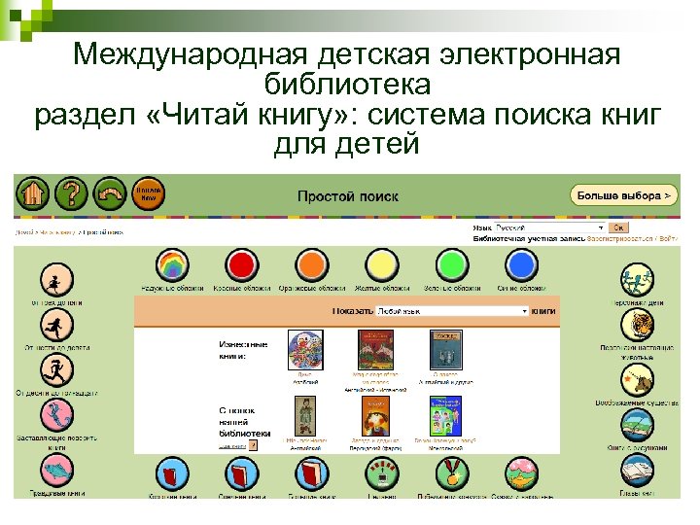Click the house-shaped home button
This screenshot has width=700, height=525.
tap(33, 195)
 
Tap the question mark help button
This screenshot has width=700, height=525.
tap(71, 195)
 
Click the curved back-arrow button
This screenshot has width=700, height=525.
tap(111, 195)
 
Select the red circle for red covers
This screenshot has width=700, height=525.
tap(241, 265)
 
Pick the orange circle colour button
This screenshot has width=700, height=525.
tap(312, 265)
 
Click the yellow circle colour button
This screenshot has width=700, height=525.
tap(382, 265)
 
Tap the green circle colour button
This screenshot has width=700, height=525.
tap(452, 265)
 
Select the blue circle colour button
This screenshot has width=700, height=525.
tap(522, 265)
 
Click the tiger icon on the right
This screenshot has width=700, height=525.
tap(638, 329)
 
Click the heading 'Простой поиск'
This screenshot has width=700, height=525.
tap(348, 195)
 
